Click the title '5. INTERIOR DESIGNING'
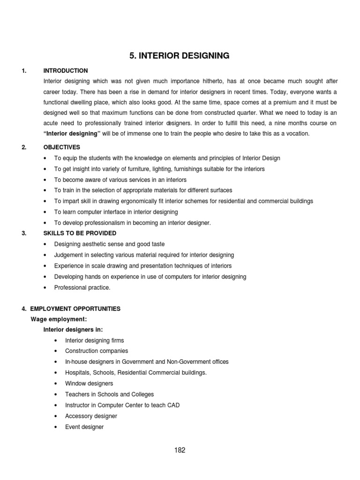tap(180, 56)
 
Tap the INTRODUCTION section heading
tap(65, 71)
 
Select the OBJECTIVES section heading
tap(62, 147)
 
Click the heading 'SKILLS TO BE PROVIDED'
tap(80, 233)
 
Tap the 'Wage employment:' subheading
tap(59, 319)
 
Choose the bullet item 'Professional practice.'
tap(82, 287)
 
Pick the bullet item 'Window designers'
tap(89, 383)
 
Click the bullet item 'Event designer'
tap(84, 427)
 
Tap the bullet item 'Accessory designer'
tap(91, 416)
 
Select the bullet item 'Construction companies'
tap(97, 351)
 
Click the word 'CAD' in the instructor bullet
tap(173, 405)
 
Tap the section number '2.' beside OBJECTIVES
tap(24, 147)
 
